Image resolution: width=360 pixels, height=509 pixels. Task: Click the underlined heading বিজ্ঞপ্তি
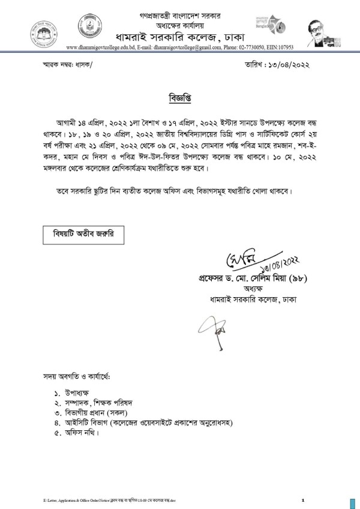(x=179, y=96)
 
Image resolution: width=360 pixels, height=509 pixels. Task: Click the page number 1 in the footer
(x=303, y=499)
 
